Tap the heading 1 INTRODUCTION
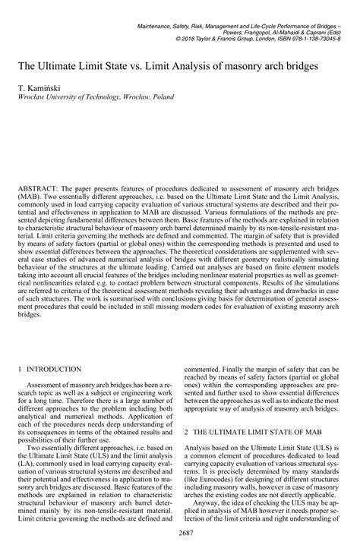point(55,369)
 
